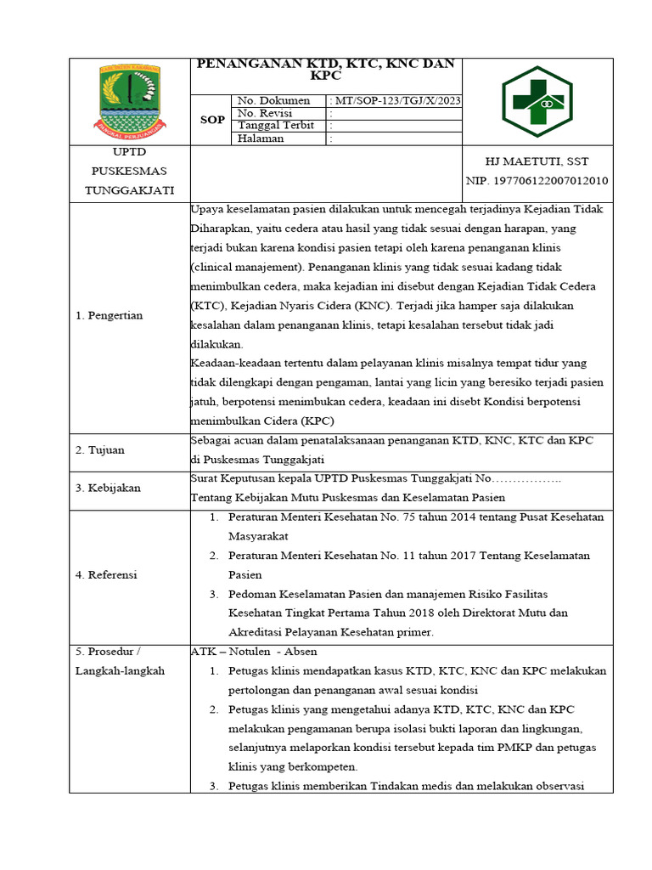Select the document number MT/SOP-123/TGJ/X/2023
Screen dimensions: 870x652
396,101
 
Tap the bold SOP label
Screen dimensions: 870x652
212,120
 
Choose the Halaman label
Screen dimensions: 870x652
261,138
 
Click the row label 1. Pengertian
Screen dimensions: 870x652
110,315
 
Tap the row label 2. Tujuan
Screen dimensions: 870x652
100,449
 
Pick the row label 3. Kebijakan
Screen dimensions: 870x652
108,489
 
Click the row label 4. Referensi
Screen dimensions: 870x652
106,574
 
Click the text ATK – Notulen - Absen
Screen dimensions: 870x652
254,652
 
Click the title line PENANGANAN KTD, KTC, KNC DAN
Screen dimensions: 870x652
326,65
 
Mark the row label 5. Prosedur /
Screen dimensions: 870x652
108,652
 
